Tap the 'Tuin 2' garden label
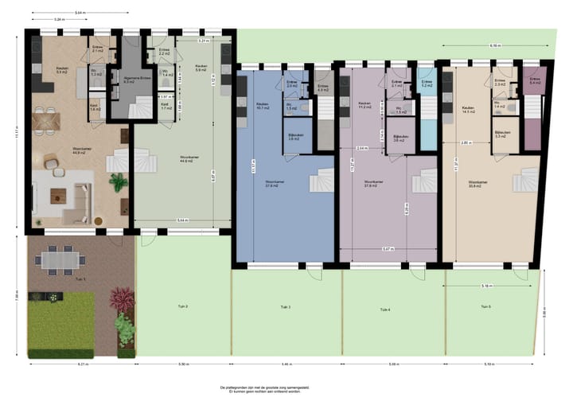point(181,306)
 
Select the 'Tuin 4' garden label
point(385,308)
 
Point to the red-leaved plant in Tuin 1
point(122,302)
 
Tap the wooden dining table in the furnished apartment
point(47,123)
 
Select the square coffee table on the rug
point(58,195)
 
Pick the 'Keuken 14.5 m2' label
point(467,111)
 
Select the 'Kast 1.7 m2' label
point(165,105)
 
